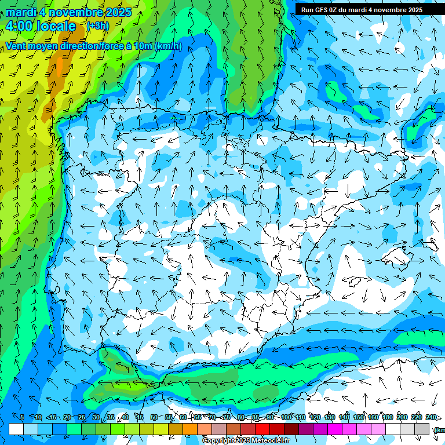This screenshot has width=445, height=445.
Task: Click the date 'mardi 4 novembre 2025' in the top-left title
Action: point(68,12)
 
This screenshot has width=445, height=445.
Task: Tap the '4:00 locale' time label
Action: point(41,26)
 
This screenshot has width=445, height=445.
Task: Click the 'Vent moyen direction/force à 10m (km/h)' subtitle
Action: point(93,46)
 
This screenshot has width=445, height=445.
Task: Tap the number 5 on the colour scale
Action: point(22,417)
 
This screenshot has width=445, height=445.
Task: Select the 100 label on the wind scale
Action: point(286,417)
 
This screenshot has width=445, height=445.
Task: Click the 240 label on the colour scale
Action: point(431,417)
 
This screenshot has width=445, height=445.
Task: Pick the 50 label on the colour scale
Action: point(154,417)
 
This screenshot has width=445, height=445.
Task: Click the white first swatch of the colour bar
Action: point(16,429)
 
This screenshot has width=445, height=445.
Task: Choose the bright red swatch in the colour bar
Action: point(262,429)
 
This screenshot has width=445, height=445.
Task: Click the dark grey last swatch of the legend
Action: point(422,429)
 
